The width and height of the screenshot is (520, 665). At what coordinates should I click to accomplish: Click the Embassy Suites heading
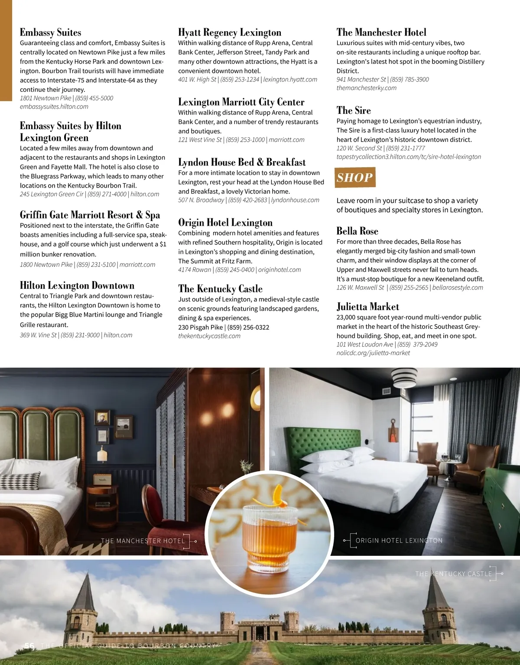[x=50, y=32]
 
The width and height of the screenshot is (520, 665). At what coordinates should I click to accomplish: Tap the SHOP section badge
[x=355, y=178]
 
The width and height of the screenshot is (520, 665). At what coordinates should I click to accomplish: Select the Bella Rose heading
[x=357, y=231]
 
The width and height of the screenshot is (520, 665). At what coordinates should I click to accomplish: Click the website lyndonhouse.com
[x=295, y=200]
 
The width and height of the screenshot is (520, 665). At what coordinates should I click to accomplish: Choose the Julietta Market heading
[x=367, y=307]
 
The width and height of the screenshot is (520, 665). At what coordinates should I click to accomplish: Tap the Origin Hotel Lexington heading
[x=225, y=223]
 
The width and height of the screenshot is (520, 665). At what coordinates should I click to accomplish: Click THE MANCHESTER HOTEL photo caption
[x=143, y=541]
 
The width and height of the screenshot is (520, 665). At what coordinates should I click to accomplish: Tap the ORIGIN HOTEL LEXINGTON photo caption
[x=399, y=541]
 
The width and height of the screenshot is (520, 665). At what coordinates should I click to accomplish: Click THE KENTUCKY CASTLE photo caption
[x=453, y=574]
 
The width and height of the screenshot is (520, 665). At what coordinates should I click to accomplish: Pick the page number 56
[x=29, y=646]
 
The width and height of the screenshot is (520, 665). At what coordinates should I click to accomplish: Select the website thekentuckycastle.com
[x=209, y=336]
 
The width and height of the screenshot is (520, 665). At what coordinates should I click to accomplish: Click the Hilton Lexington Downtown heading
[x=77, y=285]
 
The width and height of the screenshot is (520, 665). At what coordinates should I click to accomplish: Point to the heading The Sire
[x=354, y=110]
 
